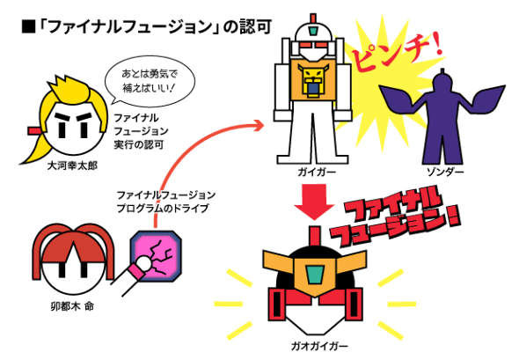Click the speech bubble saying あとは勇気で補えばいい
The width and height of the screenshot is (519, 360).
click(150, 82)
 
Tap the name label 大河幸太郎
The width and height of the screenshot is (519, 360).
click(72, 165)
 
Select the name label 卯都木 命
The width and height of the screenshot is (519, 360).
click(72, 306)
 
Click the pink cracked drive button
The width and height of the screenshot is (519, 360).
click(156, 256)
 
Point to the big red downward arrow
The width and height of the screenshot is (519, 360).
click(314, 202)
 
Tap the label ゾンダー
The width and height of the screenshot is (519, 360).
click(445, 172)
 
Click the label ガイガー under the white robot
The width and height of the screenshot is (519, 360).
click(317, 173)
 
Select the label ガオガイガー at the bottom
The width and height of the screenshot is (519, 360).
click(319, 347)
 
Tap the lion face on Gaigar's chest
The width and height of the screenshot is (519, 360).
click(313, 80)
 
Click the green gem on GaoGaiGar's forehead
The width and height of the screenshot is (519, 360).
click(314, 275)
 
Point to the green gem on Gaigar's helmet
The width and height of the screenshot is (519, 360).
click(313, 32)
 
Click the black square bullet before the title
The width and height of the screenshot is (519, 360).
click(28, 26)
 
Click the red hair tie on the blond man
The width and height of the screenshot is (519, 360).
click(34, 131)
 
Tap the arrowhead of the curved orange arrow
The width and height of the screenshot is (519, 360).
click(258, 126)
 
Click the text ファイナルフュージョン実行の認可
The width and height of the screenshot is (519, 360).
click(141, 131)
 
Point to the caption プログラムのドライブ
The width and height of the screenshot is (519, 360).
click(163, 209)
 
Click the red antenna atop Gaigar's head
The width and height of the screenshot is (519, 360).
click(313, 18)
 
